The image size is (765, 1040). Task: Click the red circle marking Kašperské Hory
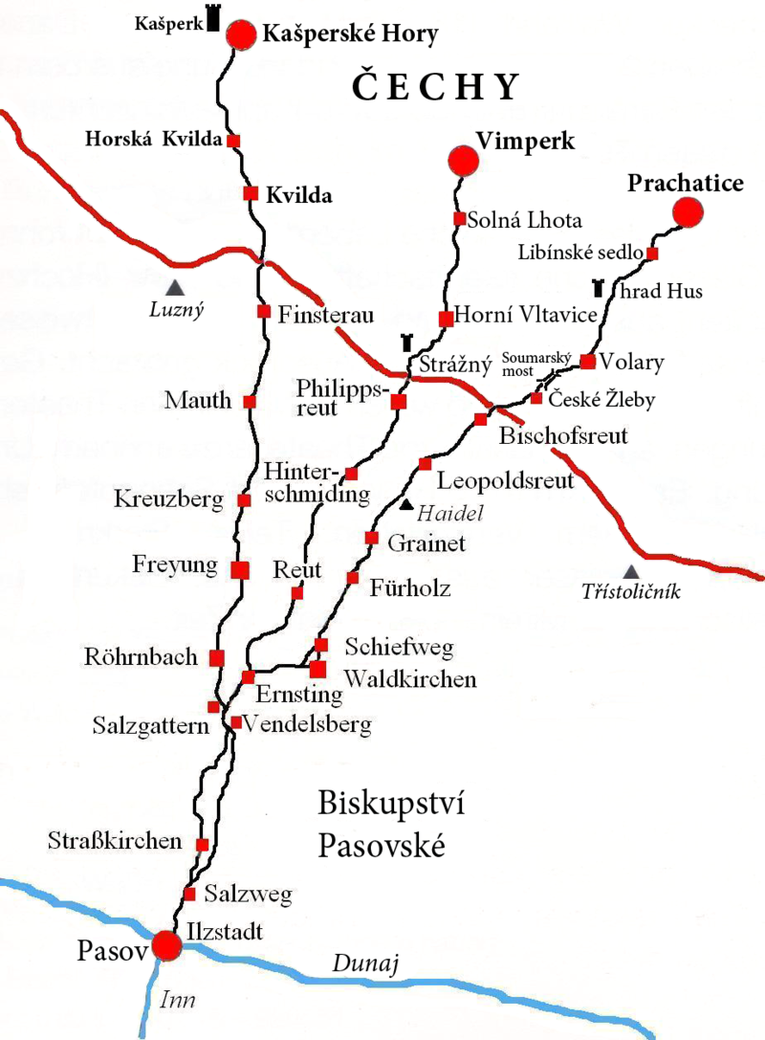click(243, 35)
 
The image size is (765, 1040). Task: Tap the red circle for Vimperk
click(464, 161)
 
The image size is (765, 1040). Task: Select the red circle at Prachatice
click(687, 211)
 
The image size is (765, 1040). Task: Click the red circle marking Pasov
click(167, 946)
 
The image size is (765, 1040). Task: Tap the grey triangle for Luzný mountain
click(174, 285)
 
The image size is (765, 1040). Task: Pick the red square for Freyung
click(240, 569)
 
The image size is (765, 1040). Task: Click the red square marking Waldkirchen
click(317, 669)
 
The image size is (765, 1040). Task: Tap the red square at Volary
click(588, 361)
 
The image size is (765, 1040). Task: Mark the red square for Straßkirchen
click(203, 844)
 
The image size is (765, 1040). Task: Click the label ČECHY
click(435, 87)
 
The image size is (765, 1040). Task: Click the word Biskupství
click(390, 804)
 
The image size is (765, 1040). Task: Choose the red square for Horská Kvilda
click(232, 141)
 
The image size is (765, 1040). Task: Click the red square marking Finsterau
click(264, 311)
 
